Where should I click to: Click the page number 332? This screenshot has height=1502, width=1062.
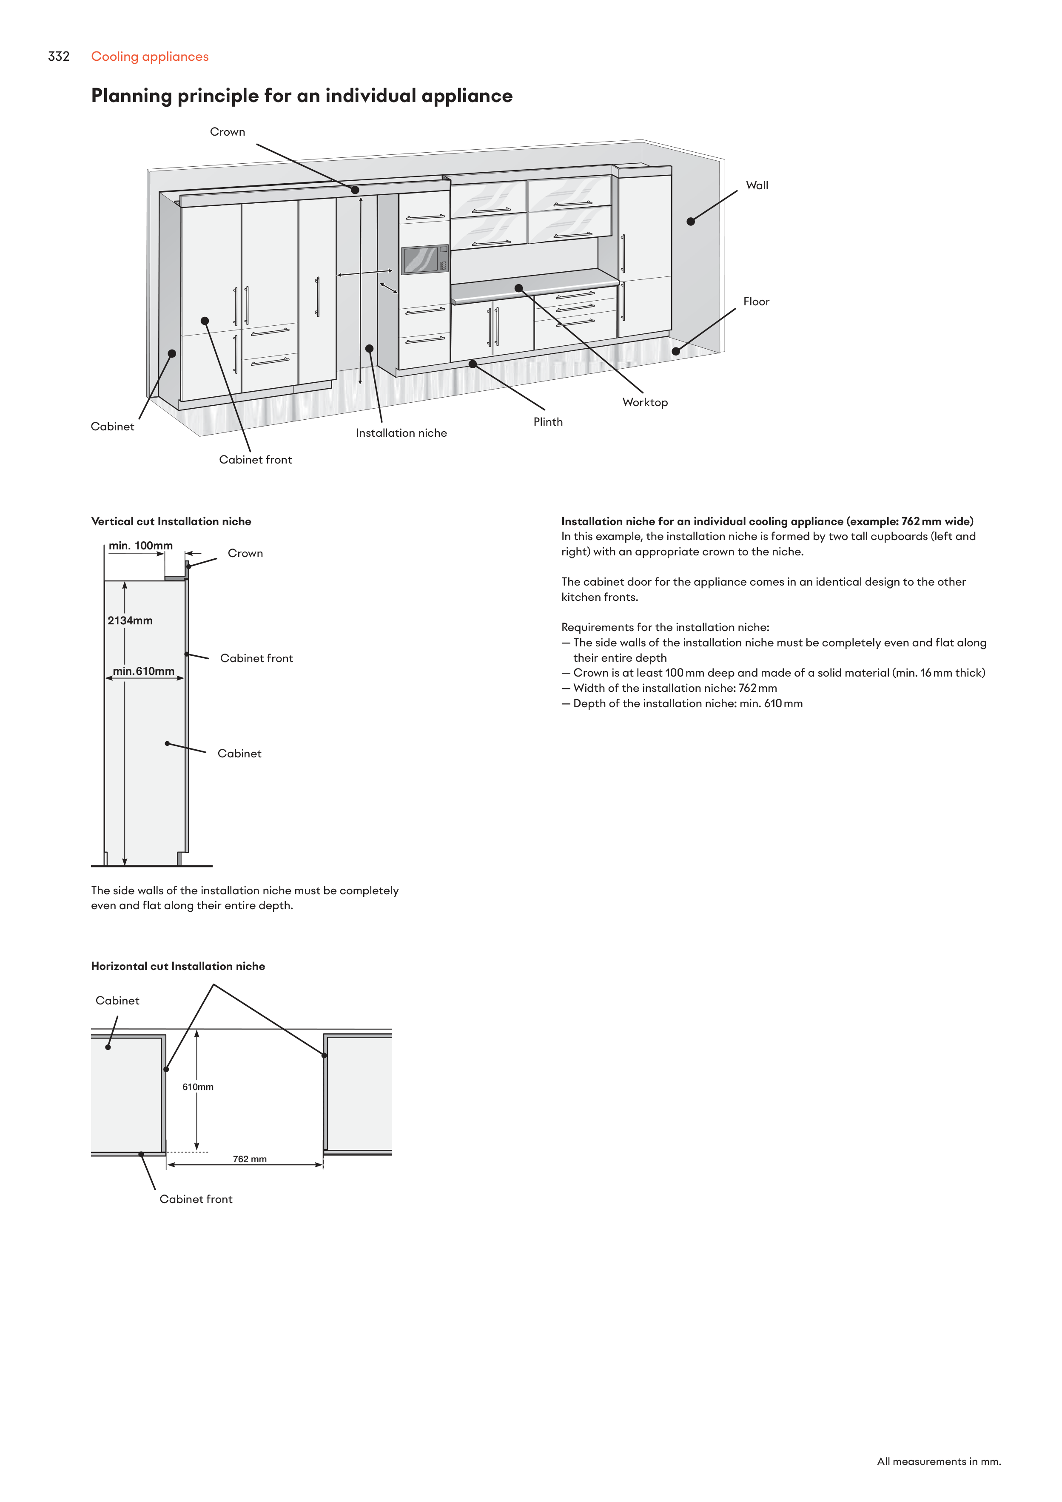58,56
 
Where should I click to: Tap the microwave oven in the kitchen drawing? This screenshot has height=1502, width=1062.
424,260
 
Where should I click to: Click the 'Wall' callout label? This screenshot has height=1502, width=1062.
757,185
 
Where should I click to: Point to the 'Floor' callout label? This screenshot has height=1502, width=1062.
756,302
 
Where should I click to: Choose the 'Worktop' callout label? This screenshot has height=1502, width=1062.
644,402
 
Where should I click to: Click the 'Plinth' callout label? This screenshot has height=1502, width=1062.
548,422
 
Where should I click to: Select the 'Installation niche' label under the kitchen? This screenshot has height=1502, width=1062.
401,433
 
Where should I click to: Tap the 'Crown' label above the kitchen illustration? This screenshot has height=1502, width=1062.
227,131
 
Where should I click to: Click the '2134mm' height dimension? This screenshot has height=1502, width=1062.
130,620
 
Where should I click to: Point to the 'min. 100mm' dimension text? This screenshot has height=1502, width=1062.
141,546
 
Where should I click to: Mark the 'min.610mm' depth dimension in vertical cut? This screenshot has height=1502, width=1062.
143,671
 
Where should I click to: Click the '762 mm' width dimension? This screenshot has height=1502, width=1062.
249,1159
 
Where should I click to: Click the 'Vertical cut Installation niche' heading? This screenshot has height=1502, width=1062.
171,521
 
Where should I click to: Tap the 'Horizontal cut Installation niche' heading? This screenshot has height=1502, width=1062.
178,966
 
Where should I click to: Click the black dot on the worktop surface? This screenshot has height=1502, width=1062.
518,288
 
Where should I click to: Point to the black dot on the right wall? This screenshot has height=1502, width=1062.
690,221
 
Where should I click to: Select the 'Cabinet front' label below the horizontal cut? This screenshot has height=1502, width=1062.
196,1199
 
